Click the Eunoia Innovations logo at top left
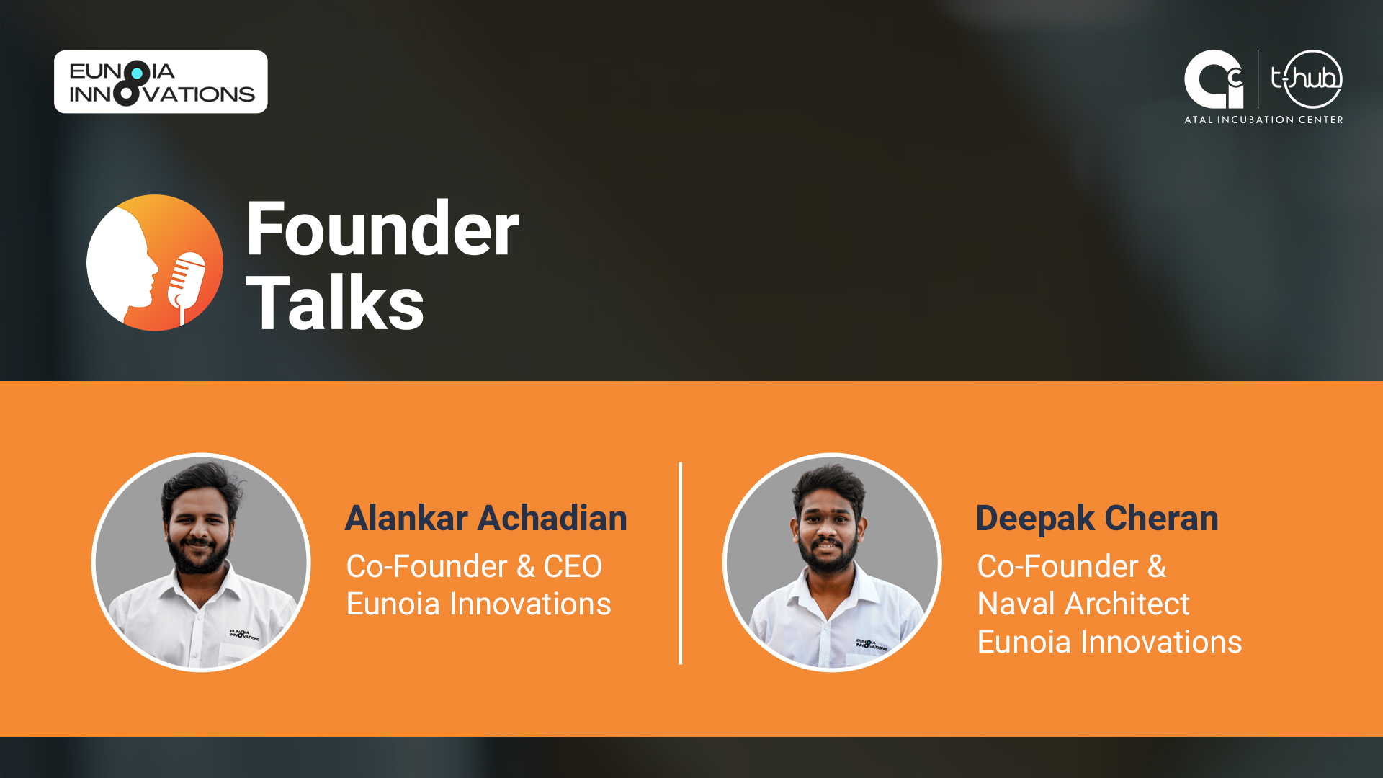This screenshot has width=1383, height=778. click(x=161, y=82)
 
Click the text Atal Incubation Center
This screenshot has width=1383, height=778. click(x=1263, y=120)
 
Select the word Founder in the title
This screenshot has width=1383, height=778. click(x=382, y=229)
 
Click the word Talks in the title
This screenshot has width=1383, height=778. click(x=335, y=304)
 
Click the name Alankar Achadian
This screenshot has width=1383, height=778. click(x=485, y=518)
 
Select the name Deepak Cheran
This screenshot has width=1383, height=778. click(x=1096, y=518)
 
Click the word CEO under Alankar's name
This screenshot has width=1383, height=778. click(x=573, y=567)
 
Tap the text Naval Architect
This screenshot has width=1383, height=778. click(x=1083, y=604)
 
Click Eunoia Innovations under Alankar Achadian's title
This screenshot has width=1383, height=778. click(x=478, y=604)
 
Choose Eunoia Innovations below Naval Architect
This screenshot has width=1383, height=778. click(x=1109, y=642)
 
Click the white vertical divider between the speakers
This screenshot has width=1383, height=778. click(x=680, y=563)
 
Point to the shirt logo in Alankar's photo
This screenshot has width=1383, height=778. click(x=244, y=635)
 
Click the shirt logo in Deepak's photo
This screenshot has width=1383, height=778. click(x=871, y=644)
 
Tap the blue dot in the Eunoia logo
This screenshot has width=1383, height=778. click(x=137, y=73)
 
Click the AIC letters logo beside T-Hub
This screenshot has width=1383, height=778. click(x=1214, y=79)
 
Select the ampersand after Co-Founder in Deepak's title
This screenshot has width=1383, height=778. click(x=1157, y=567)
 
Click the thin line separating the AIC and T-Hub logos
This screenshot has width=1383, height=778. click(x=1258, y=79)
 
